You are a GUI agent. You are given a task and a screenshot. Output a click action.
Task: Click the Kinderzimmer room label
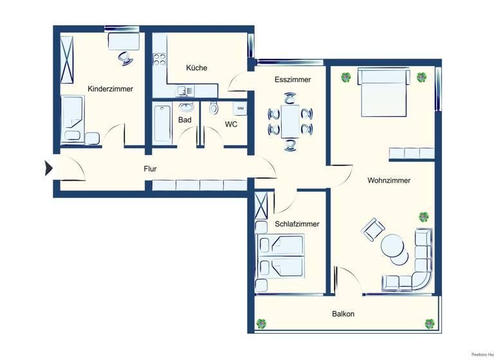(111, 89)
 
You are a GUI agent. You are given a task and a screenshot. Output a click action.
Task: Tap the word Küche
(196, 67)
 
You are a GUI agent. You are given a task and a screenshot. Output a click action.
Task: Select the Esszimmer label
(293, 80)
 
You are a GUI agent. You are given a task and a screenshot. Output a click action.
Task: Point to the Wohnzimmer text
(389, 181)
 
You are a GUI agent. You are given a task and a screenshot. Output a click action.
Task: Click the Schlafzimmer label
(297, 224)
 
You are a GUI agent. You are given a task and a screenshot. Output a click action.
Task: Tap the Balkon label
(343, 314)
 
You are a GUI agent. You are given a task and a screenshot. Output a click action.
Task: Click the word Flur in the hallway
(151, 170)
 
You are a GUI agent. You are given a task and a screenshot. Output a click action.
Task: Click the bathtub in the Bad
(162, 124)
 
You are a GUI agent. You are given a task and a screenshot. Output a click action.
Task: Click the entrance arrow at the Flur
(48, 168)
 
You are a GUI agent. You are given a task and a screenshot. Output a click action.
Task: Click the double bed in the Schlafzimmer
(280, 255)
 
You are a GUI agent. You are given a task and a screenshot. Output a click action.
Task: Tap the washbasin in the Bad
(187, 107)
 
